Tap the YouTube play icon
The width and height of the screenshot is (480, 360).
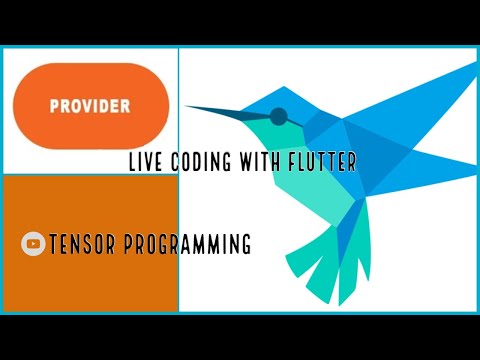pos(33,243)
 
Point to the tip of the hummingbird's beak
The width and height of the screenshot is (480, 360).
pos(187,106)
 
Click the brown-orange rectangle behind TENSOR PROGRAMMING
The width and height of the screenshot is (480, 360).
pos(90,290)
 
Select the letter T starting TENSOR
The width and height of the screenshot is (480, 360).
pos(53,243)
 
